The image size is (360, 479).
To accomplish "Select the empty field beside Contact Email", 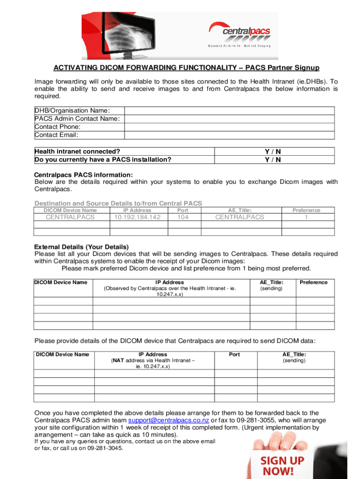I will click(229, 135).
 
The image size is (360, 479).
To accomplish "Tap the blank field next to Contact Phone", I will click(229, 127).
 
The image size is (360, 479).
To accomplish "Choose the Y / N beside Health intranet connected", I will click(273, 151).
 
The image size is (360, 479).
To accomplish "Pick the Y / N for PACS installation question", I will click(273, 160).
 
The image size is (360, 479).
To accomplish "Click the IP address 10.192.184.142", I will click(138, 217).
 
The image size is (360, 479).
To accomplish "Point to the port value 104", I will click(180, 217).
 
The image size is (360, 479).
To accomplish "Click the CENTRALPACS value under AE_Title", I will click(239, 217).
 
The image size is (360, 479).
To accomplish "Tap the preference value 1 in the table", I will click(306, 217).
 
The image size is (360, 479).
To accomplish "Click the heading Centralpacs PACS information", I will click(80, 175).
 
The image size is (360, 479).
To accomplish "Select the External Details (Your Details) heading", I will click(81, 247).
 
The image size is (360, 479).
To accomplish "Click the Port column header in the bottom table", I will click(234, 355).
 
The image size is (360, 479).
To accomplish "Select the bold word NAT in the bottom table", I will click(119, 361).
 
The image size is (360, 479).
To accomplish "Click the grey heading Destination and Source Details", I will click(118, 203).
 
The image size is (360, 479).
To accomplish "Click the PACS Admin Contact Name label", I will click(77, 119).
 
